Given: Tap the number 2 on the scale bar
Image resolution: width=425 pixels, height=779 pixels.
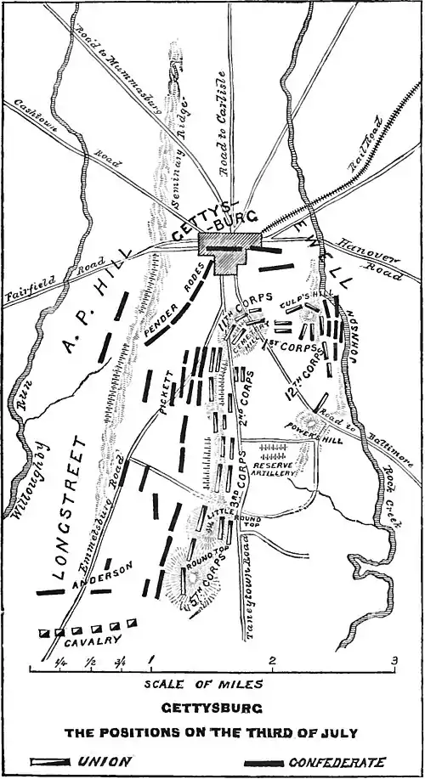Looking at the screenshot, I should (x=272, y=661).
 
